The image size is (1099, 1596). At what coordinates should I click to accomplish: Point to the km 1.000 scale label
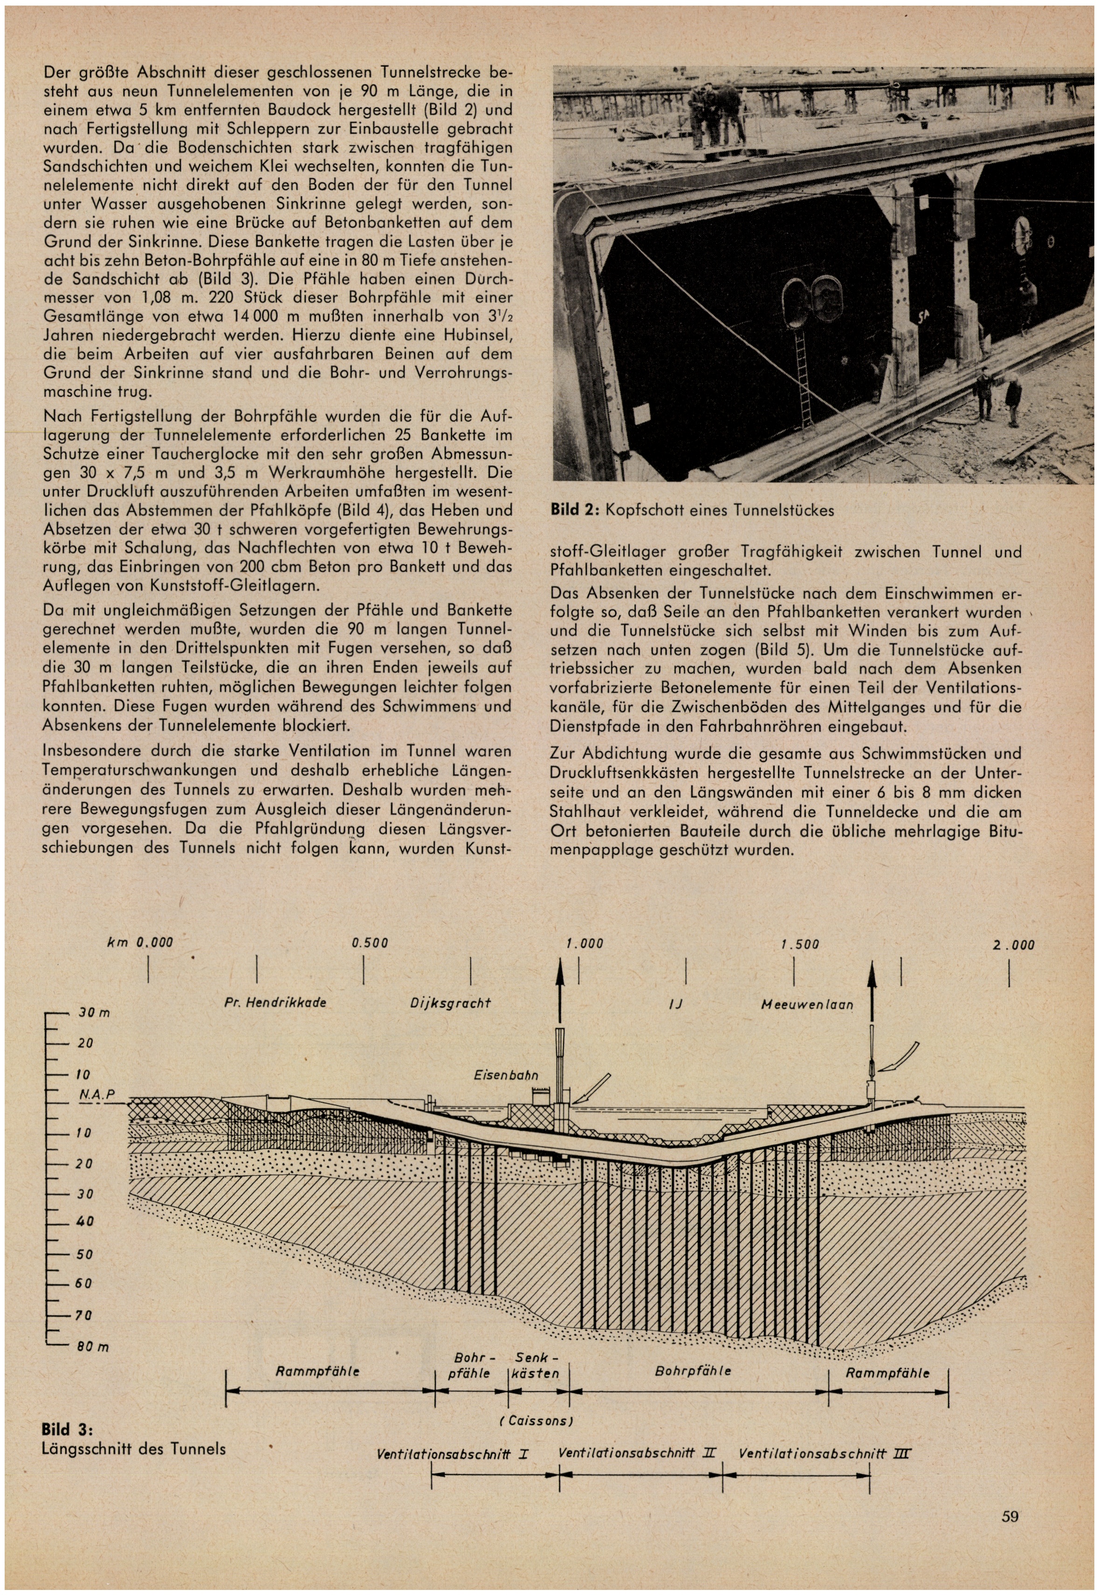tap(584, 943)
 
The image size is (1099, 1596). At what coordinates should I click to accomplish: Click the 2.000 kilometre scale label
tap(1014, 945)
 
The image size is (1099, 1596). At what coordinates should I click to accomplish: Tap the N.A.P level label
tap(96, 1095)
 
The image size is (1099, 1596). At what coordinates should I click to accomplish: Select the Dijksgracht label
tap(450, 1003)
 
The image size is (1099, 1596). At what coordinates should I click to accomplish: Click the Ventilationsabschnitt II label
tap(637, 1453)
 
